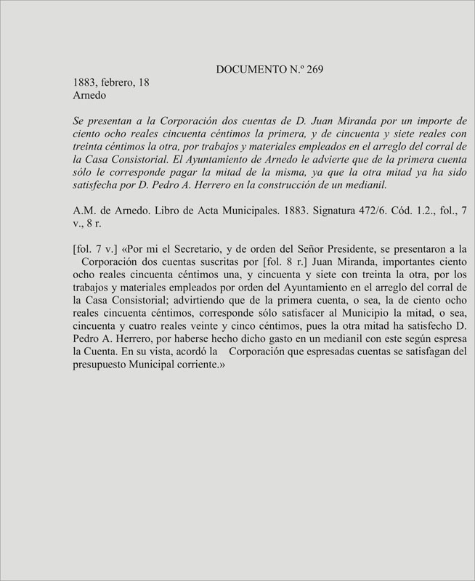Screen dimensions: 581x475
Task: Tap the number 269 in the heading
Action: click(x=314, y=70)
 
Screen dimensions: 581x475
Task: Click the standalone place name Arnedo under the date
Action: click(x=90, y=95)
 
